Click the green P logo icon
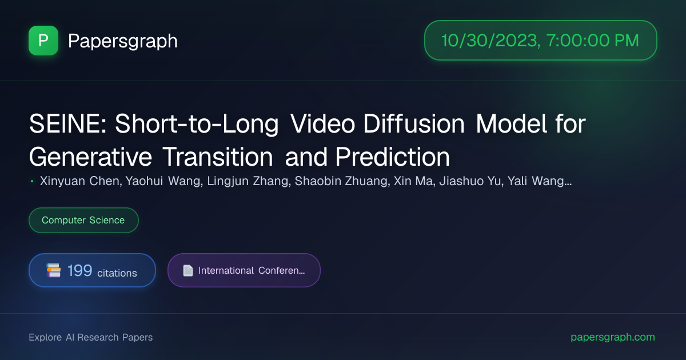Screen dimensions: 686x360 [43, 41]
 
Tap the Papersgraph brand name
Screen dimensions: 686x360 [122, 41]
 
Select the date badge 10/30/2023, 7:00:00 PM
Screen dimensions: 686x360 [541, 41]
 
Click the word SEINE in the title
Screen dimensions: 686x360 [67, 124]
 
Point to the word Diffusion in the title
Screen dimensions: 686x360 [414, 124]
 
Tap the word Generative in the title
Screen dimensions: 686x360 [90, 157]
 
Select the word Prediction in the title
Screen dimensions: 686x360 [392, 157]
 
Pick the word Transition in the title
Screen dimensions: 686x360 [217, 157]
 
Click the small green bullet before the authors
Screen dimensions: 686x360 [32, 182]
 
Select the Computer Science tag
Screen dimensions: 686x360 [83, 220]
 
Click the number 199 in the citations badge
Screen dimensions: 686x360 [79, 271]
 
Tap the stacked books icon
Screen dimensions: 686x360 [53, 270]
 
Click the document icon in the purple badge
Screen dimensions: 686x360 [188, 271]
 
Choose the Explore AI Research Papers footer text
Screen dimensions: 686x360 [91, 337]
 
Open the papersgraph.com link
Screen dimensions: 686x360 [613, 337]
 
